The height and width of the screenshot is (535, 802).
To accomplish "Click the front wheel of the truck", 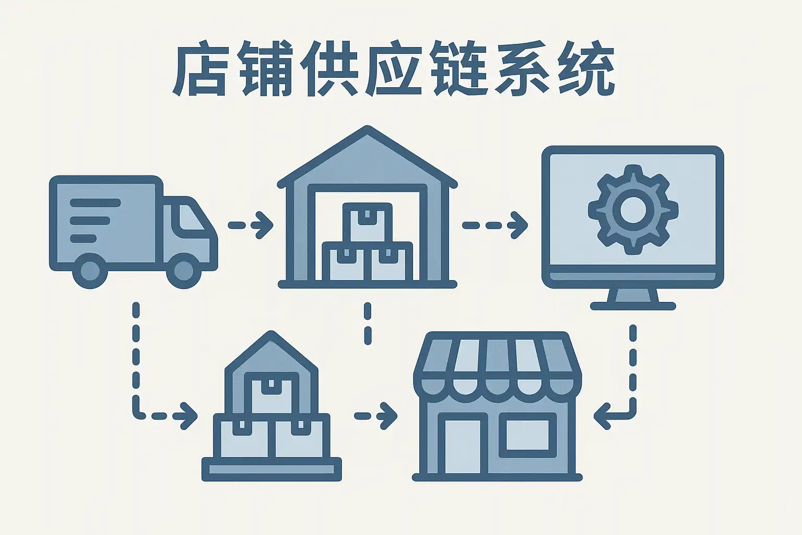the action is (184, 270).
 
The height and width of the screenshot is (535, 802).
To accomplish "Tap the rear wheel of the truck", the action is (90, 270).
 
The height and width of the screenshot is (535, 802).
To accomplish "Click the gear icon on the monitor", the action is (633, 210).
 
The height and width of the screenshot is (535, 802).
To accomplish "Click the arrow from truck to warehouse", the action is (251, 225).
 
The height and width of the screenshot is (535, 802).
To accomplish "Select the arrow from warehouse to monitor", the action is (495, 225).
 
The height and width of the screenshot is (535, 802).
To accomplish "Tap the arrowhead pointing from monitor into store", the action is (603, 416).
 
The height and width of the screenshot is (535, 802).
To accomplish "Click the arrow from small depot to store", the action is (375, 416).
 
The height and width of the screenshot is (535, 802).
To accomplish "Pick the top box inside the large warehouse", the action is (367, 222).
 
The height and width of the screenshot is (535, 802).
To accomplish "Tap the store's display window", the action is (528, 435).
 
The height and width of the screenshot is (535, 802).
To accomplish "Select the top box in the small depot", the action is (271, 393).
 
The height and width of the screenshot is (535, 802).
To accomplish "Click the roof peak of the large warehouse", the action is (367, 128).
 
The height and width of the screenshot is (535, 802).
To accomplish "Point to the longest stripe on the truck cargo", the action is (95, 203).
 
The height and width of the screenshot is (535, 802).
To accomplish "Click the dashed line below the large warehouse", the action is (368, 323).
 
